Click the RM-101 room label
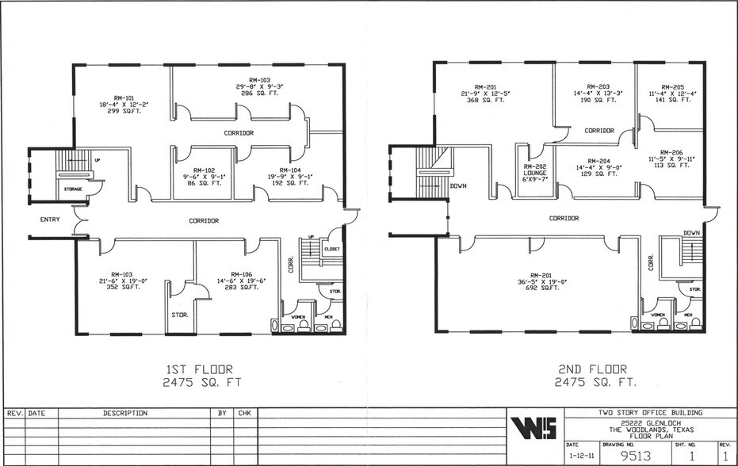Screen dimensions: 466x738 coord(103,95)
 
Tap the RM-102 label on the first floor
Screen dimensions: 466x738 coord(205,169)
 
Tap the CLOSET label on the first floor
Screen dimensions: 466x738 coord(332,249)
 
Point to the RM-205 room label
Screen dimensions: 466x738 coord(672,86)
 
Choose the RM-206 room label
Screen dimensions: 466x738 coord(671,151)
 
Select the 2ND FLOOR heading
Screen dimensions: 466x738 coord(591,369)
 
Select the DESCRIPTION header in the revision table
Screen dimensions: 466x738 coord(125,413)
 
